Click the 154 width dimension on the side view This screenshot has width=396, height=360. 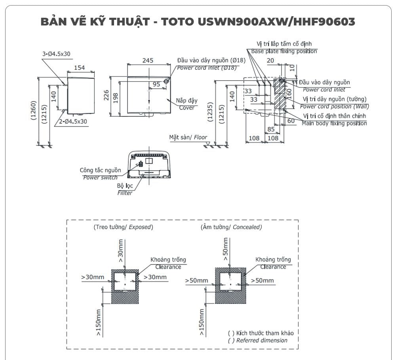pos(80,68)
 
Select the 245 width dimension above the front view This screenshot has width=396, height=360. pos(148,60)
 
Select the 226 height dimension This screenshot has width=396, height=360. pos(107,96)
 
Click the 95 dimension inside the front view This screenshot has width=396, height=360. pos(156,84)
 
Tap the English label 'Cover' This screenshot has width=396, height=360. pos(187,107)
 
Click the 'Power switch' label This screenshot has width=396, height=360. pos(100,178)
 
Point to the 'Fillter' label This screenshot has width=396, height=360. pos(124,193)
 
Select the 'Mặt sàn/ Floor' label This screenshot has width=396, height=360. pos(188,137)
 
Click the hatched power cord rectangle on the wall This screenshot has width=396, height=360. pos(280,94)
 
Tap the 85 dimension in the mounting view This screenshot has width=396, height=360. pos(271,129)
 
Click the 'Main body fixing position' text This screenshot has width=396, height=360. pos(334,123)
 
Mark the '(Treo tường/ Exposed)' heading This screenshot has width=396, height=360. pos(123,227)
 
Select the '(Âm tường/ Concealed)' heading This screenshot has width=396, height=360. pos(231,227)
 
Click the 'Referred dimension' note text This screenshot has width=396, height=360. pos(261,340)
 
